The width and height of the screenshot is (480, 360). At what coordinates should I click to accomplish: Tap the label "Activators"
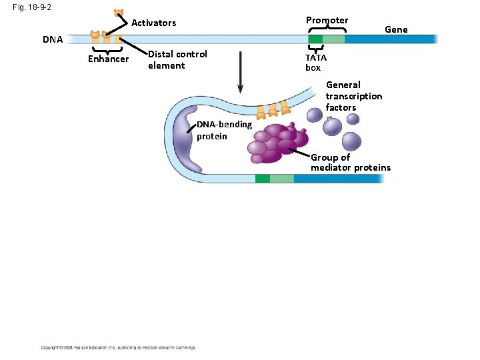pos(154,23)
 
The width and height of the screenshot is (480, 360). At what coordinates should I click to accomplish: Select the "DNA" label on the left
pos(53,39)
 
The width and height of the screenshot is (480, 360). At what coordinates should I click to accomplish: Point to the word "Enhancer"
pos(108,59)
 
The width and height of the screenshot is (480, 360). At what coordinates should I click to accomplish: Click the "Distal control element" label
pos(177,59)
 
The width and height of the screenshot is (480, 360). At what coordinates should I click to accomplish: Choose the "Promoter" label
pos(327,20)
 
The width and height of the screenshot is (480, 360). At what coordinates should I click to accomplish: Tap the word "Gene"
pos(396,29)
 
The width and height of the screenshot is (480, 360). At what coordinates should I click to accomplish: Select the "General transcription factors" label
pos(353,96)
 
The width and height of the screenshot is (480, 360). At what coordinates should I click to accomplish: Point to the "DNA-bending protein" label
pos(224,130)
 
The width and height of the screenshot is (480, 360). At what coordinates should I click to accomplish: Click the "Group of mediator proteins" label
pos(350,162)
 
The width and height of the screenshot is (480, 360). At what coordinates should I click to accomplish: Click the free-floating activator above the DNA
pos(119,13)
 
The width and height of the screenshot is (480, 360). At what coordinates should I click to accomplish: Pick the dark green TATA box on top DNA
pos(315,39)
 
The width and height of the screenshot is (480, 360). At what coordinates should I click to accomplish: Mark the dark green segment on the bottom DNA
pos(262,179)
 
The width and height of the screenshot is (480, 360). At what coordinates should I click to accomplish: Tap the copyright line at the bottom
pos(119,347)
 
